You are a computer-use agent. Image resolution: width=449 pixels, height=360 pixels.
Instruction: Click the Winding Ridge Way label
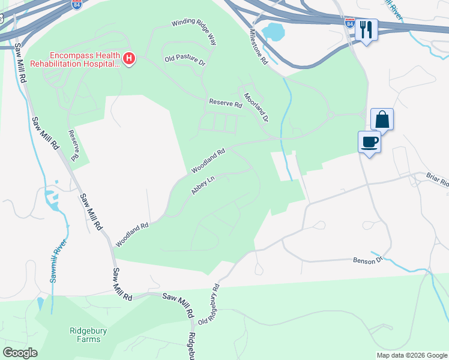193,32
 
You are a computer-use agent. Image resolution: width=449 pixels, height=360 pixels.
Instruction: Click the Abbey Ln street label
203,185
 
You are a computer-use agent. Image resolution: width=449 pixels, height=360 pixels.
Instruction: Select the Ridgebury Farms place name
85,334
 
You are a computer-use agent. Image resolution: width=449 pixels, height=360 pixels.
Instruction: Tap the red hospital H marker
130,58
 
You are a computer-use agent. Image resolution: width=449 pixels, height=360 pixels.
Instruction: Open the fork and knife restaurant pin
366,29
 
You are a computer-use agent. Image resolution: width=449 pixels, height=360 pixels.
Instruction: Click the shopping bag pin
382,119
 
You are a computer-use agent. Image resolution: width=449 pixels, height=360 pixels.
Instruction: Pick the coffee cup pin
369,142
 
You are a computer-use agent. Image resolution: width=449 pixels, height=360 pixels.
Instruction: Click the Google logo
20,352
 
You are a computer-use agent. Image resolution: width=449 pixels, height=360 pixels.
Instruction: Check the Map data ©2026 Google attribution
411,355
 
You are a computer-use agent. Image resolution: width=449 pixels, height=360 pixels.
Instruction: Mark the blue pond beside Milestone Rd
273,32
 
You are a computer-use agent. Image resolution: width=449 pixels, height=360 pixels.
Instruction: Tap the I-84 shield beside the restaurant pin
351,23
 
